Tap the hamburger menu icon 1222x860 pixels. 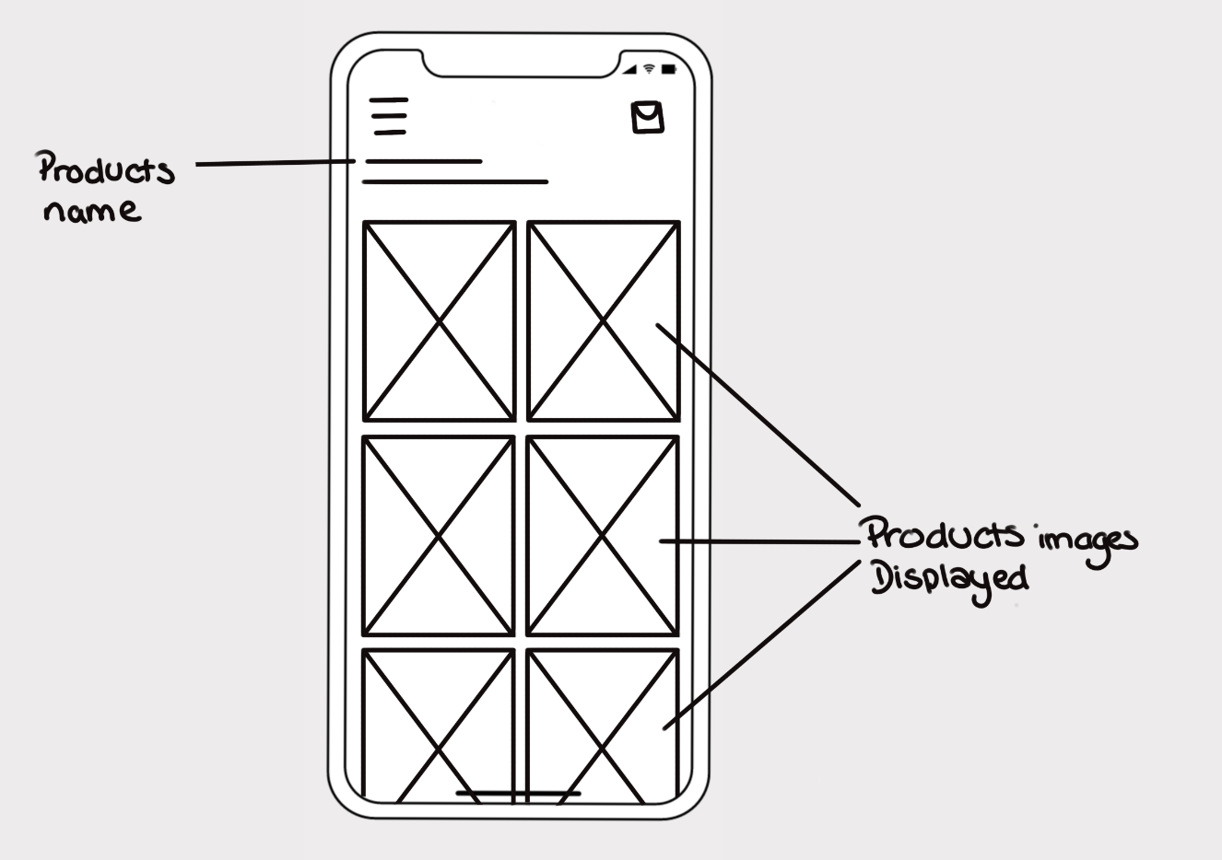click(390, 116)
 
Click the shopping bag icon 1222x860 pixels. click(648, 118)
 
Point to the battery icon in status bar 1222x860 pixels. click(668, 69)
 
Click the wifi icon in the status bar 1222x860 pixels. click(649, 69)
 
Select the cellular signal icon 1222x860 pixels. click(629, 70)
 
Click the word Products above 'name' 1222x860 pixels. click(105, 170)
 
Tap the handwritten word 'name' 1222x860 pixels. click(92, 211)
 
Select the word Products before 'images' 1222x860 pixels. click(945, 535)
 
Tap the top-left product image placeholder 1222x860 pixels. click(439, 321)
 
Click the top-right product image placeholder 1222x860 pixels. click(603, 321)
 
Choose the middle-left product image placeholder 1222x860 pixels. click(439, 536)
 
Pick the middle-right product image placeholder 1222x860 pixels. click(603, 536)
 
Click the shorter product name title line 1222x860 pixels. click(423, 161)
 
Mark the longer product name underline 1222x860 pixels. click(455, 182)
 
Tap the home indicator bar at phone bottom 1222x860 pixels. click(519, 792)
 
